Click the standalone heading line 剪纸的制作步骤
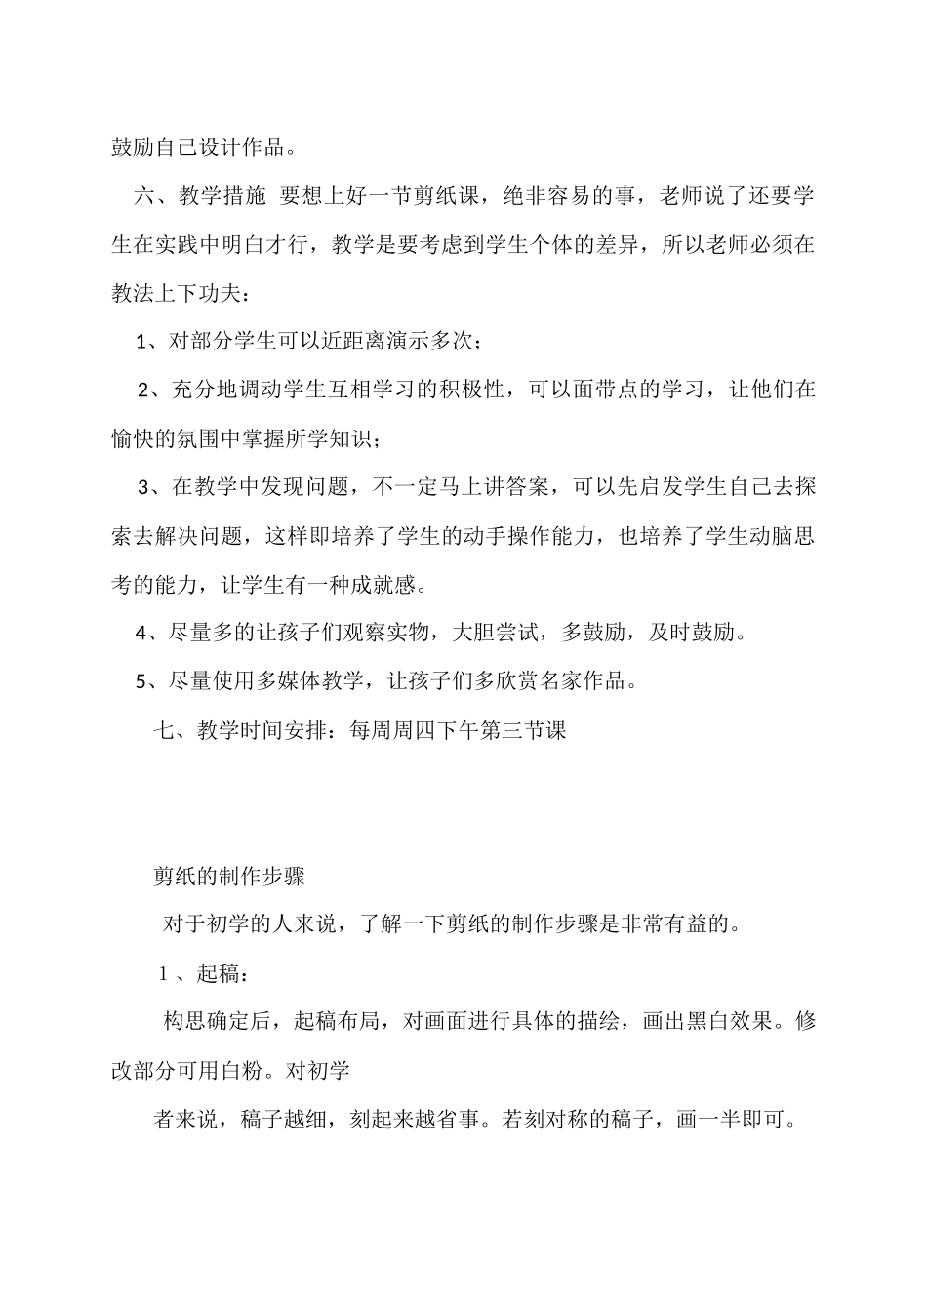coord(229,876)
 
